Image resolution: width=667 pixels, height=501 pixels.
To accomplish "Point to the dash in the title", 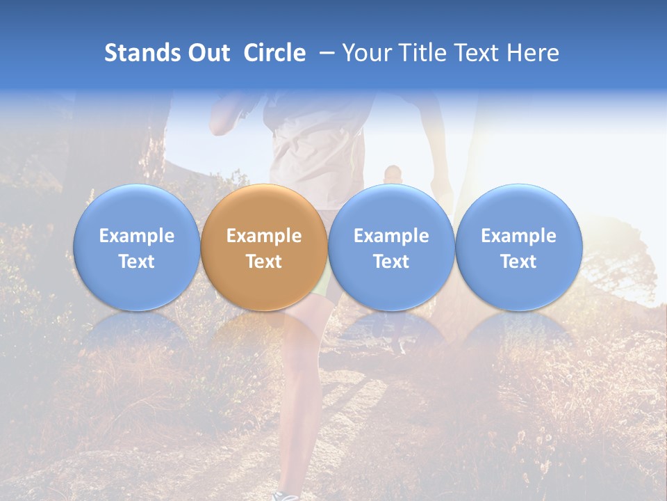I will tap(327, 54).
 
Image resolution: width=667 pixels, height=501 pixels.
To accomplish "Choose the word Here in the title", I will tap(533, 53).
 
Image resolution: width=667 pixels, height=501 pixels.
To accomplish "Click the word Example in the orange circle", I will tap(264, 236).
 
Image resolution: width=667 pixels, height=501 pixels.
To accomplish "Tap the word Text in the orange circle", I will tap(264, 262).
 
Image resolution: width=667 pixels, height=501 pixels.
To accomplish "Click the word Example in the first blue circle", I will tap(137, 236).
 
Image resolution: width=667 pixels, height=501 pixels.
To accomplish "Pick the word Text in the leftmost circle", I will tap(137, 262).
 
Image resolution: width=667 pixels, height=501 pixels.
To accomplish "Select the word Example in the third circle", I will tap(391, 236).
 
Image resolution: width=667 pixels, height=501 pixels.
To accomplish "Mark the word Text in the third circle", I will tap(391, 262).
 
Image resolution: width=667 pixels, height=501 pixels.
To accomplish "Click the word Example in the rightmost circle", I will tap(518, 236).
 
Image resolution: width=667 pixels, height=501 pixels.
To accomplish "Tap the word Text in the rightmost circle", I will tap(518, 262).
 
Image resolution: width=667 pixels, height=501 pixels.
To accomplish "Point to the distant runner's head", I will tap(393, 173).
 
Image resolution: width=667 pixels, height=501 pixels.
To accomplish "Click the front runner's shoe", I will tap(285, 495).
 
